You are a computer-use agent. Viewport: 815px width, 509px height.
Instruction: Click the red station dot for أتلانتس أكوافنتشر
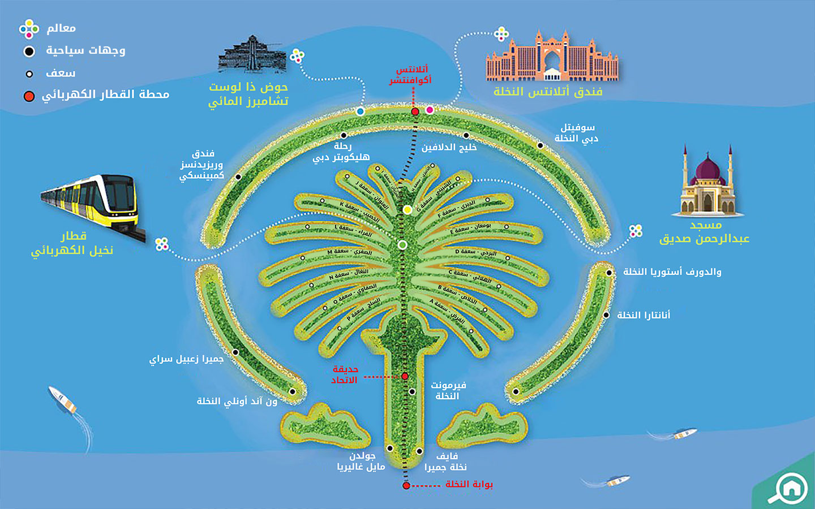[x=415, y=111]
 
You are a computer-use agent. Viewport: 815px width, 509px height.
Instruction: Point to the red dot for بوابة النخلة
[x=406, y=485]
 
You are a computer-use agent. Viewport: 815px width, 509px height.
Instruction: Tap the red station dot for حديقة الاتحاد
[x=405, y=376]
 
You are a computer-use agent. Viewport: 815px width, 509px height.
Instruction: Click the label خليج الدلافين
[x=449, y=148]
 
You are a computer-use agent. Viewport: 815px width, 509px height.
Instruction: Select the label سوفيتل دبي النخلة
[x=576, y=133]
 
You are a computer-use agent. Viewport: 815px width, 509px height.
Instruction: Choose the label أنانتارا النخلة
[x=644, y=315]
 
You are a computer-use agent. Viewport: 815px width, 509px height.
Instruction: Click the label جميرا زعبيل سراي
[x=186, y=359]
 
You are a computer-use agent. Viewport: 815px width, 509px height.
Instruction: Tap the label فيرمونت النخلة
[x=448, y=390]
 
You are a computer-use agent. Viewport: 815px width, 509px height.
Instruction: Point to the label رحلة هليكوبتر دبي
[x=341, y=152]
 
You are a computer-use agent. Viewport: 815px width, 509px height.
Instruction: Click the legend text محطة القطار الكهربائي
[x=106, y=94]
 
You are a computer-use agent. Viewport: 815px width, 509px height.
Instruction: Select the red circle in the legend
[x=29, y=96]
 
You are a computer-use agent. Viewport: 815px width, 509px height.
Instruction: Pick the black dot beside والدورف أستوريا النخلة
[x=609, y=273]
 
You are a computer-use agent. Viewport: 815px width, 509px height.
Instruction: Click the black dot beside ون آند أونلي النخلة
[x=293, y=391]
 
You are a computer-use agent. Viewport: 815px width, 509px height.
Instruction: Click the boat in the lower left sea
[x=63, y=399]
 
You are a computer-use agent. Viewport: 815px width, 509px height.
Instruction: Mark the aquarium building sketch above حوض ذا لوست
[x=251, y=54]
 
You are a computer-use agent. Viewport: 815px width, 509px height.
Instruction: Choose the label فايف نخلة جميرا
[x=446, y=461]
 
